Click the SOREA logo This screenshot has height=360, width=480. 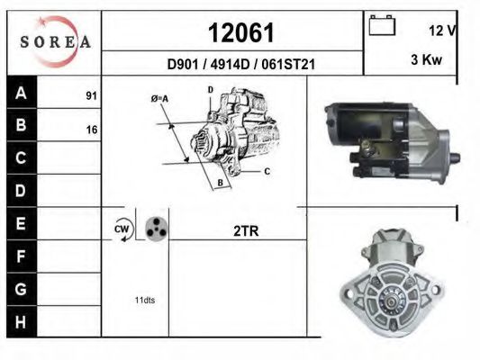point(55,41)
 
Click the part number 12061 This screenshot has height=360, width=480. point(241,32)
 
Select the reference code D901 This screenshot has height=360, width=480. point(183,64)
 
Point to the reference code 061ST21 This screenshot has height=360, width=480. point(288,64)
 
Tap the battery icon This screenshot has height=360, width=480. point(382,25)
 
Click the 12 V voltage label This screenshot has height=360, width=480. point(442,31)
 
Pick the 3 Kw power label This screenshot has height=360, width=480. point(427,59)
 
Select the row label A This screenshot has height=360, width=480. point(21,93)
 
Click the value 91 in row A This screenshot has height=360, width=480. point(91,95)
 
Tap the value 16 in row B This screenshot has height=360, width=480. point(92,130)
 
